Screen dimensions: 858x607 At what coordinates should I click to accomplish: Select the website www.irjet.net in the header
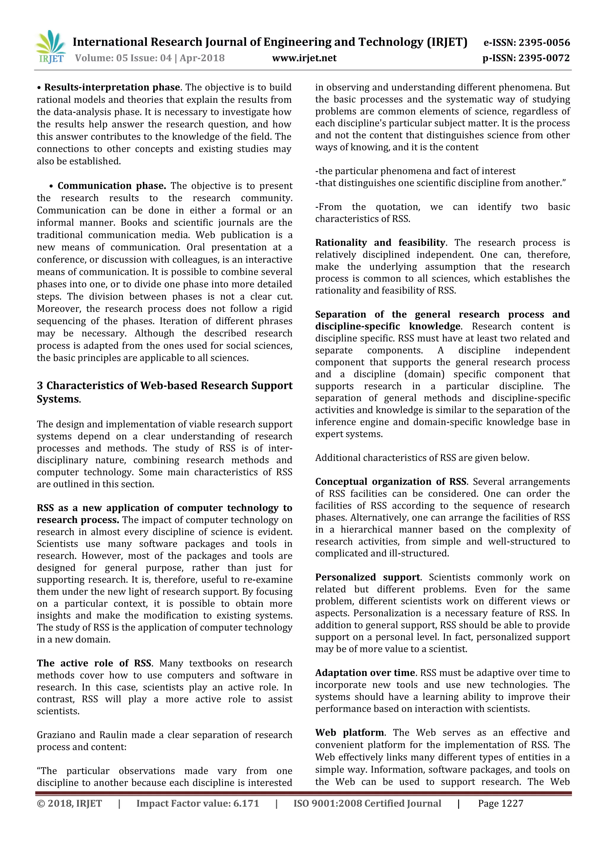point(304,58)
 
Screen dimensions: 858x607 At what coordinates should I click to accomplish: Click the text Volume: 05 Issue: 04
point(123,58)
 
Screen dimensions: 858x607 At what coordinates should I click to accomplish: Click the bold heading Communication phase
point(111,186)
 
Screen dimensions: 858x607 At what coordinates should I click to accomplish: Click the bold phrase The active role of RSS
point(94,663)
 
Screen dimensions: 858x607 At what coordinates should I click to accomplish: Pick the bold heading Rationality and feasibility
point(380,242)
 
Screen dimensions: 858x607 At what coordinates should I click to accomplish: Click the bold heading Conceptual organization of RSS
point(390,481)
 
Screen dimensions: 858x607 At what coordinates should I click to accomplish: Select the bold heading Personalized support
point(367,577)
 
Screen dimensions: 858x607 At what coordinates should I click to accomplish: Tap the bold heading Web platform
point(350,732)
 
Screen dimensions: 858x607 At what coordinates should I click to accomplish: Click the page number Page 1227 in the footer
point(500,804)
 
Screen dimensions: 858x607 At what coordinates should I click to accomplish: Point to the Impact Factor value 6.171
point(197,804)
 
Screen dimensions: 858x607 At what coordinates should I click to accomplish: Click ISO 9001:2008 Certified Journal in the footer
point(367,804)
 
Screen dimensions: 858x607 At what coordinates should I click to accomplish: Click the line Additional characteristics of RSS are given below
point(422,458)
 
